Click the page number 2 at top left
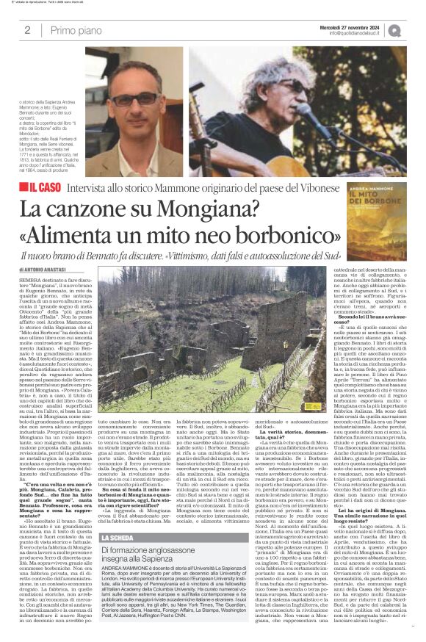pos(27,30)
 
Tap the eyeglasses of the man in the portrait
pos(134,98)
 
